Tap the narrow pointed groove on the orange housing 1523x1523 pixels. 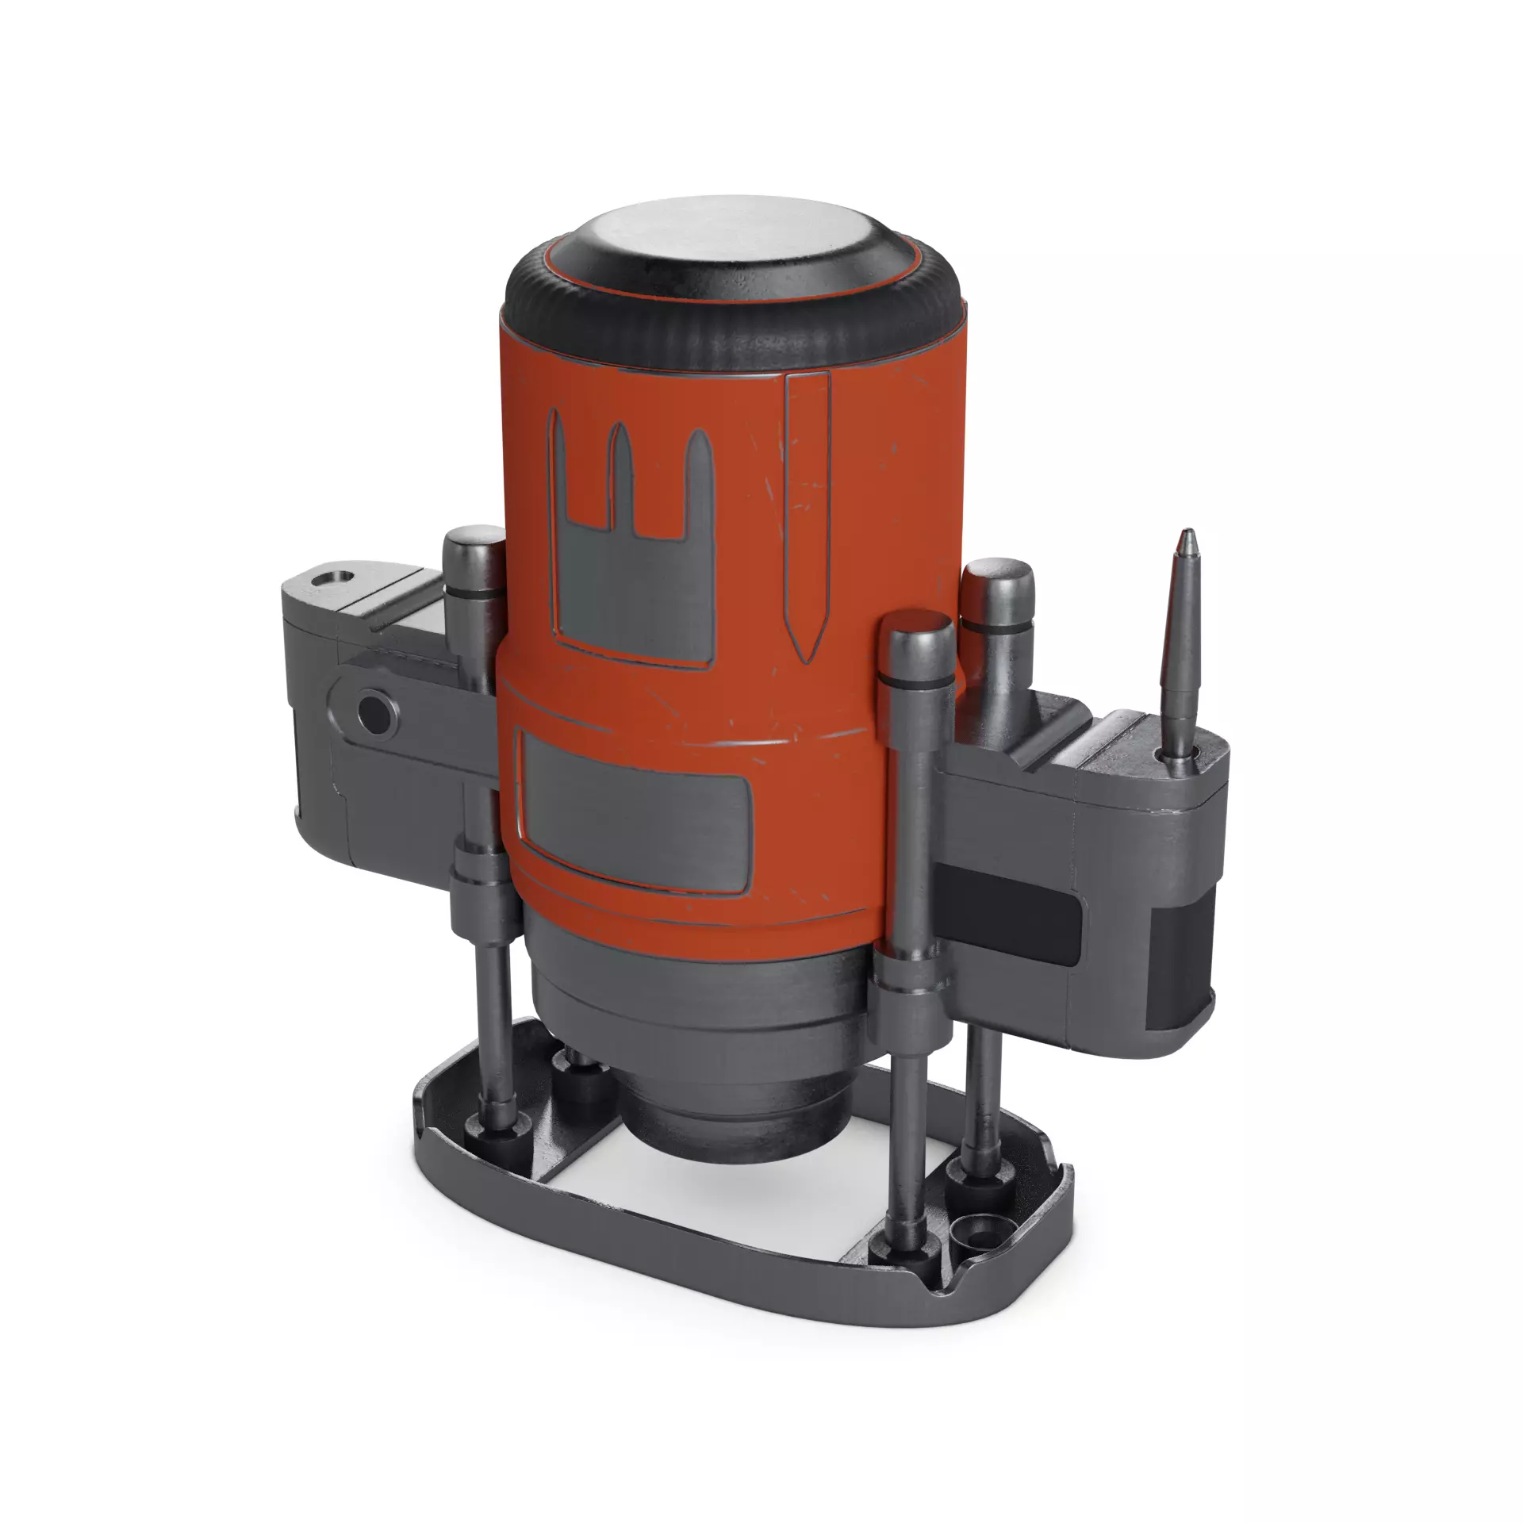click(807, 508)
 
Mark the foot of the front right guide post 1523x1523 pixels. click(896, 1253)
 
